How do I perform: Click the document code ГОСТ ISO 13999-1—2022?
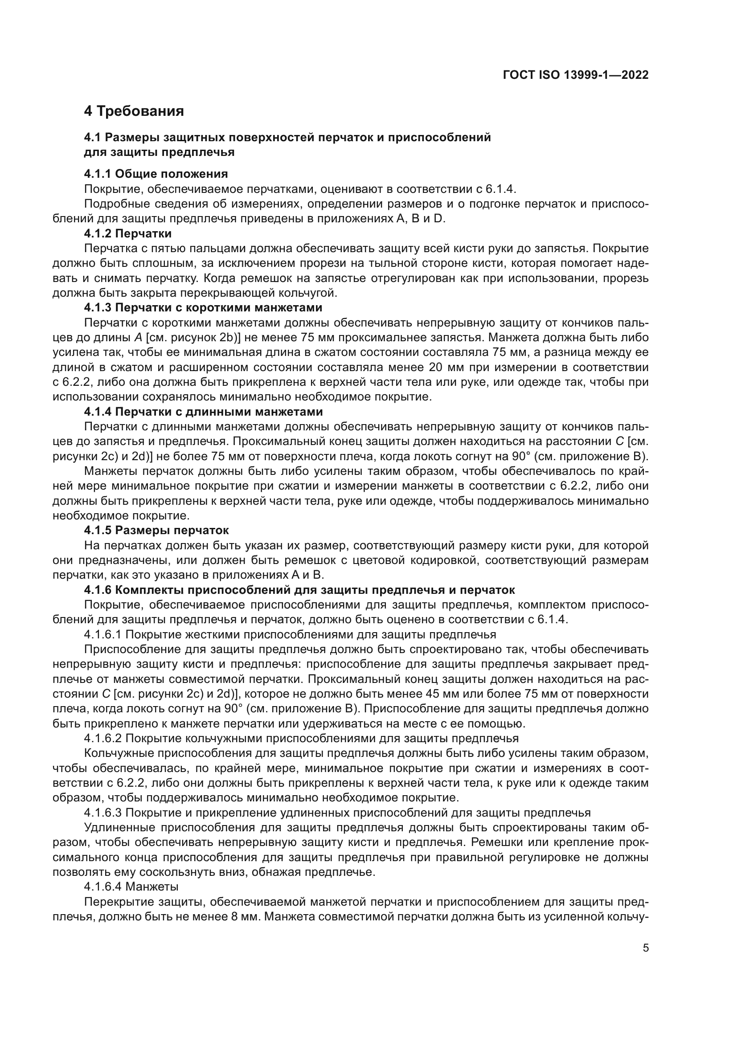coord(575,75)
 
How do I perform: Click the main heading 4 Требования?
coord(134,111)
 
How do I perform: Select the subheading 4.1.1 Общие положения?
coord(156,174)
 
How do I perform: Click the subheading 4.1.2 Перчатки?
coord(127,234)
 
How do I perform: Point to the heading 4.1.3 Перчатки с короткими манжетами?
coord(203,308)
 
